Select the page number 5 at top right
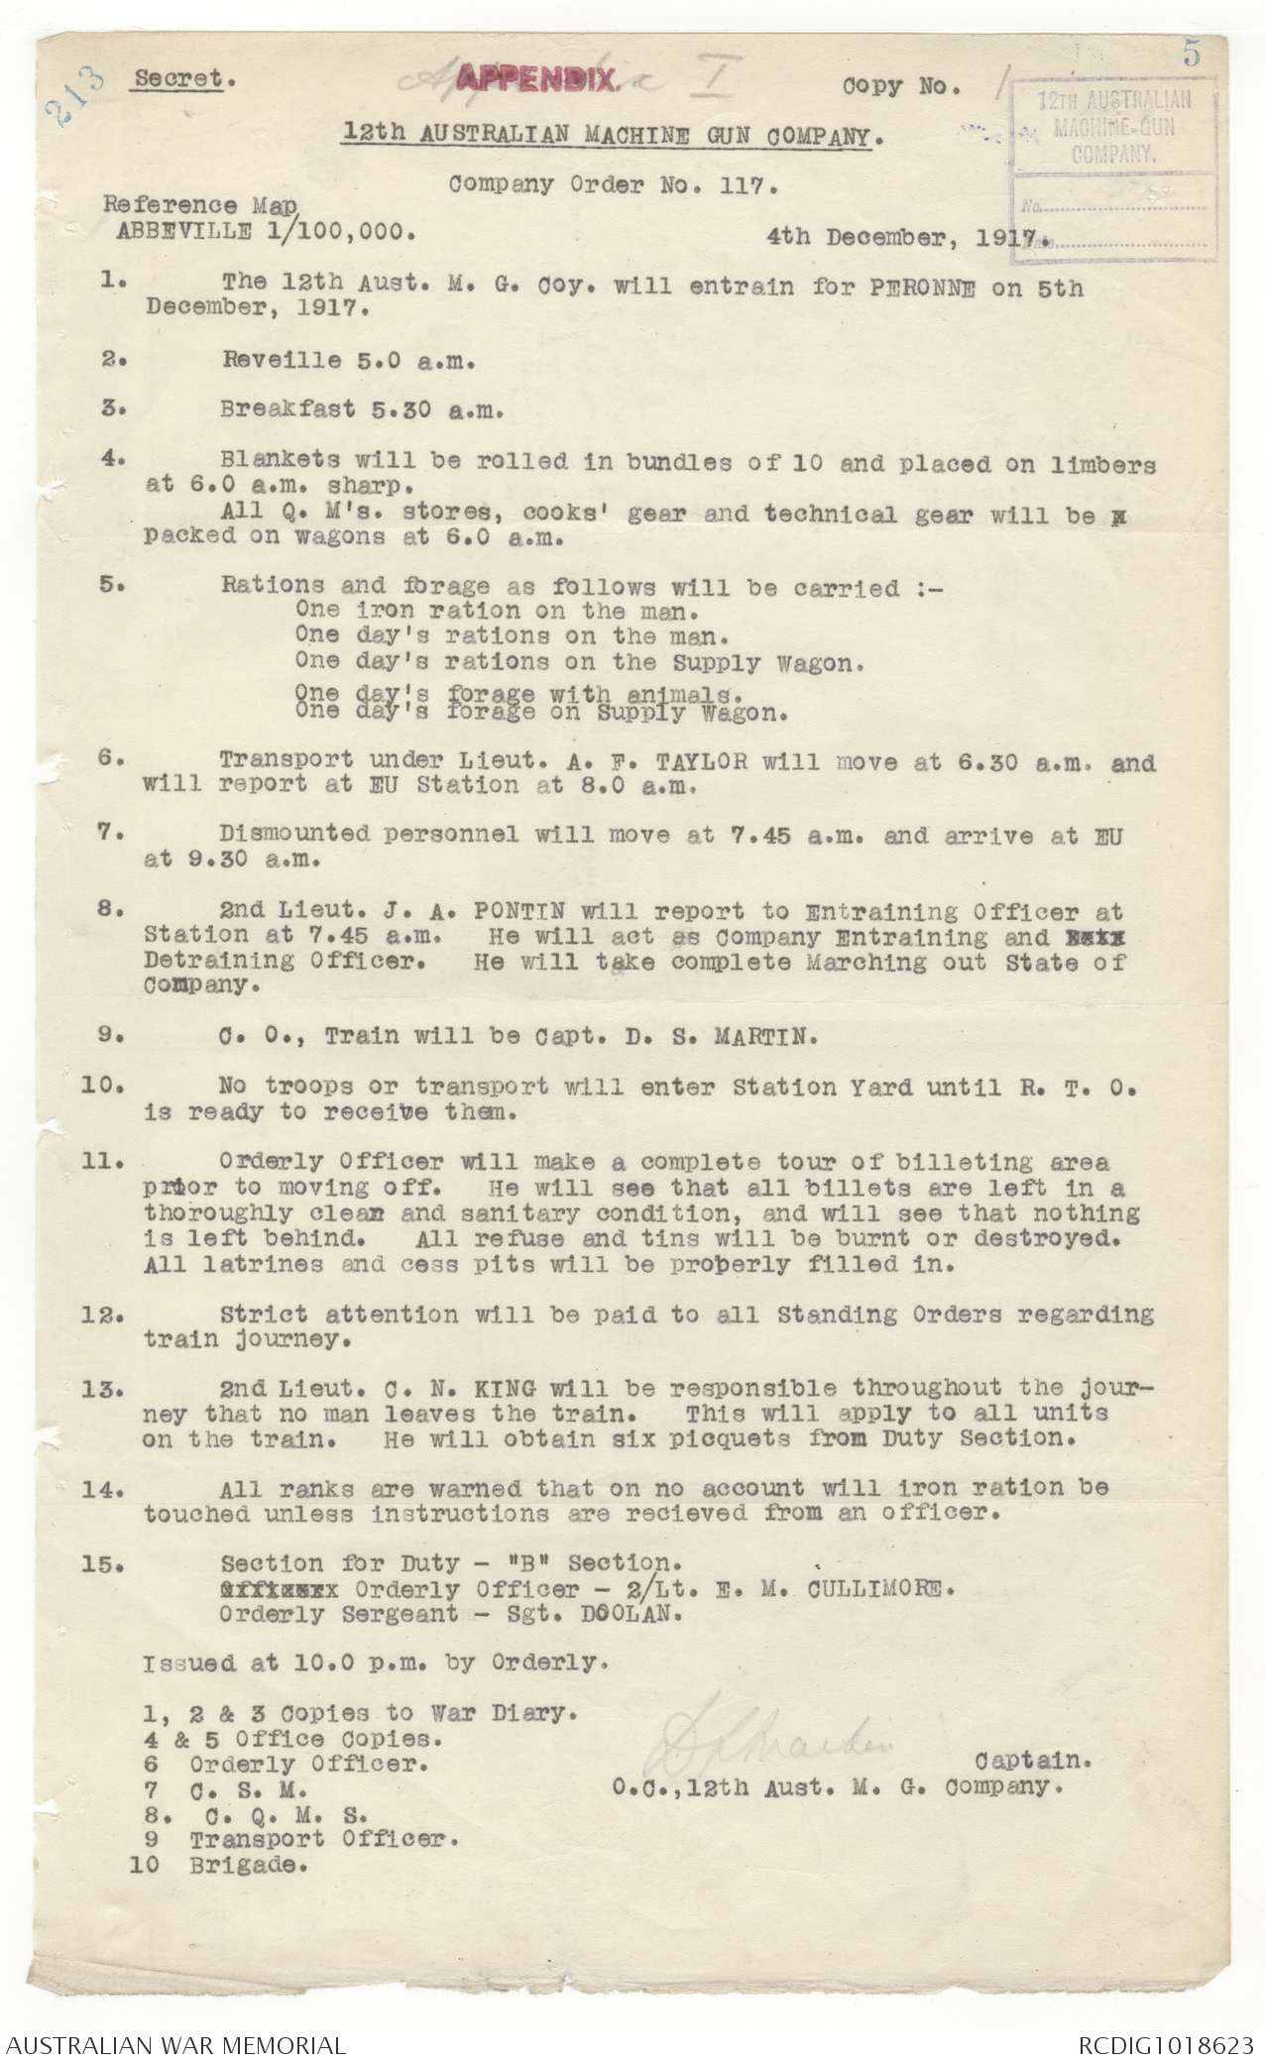tap(1191, 56)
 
